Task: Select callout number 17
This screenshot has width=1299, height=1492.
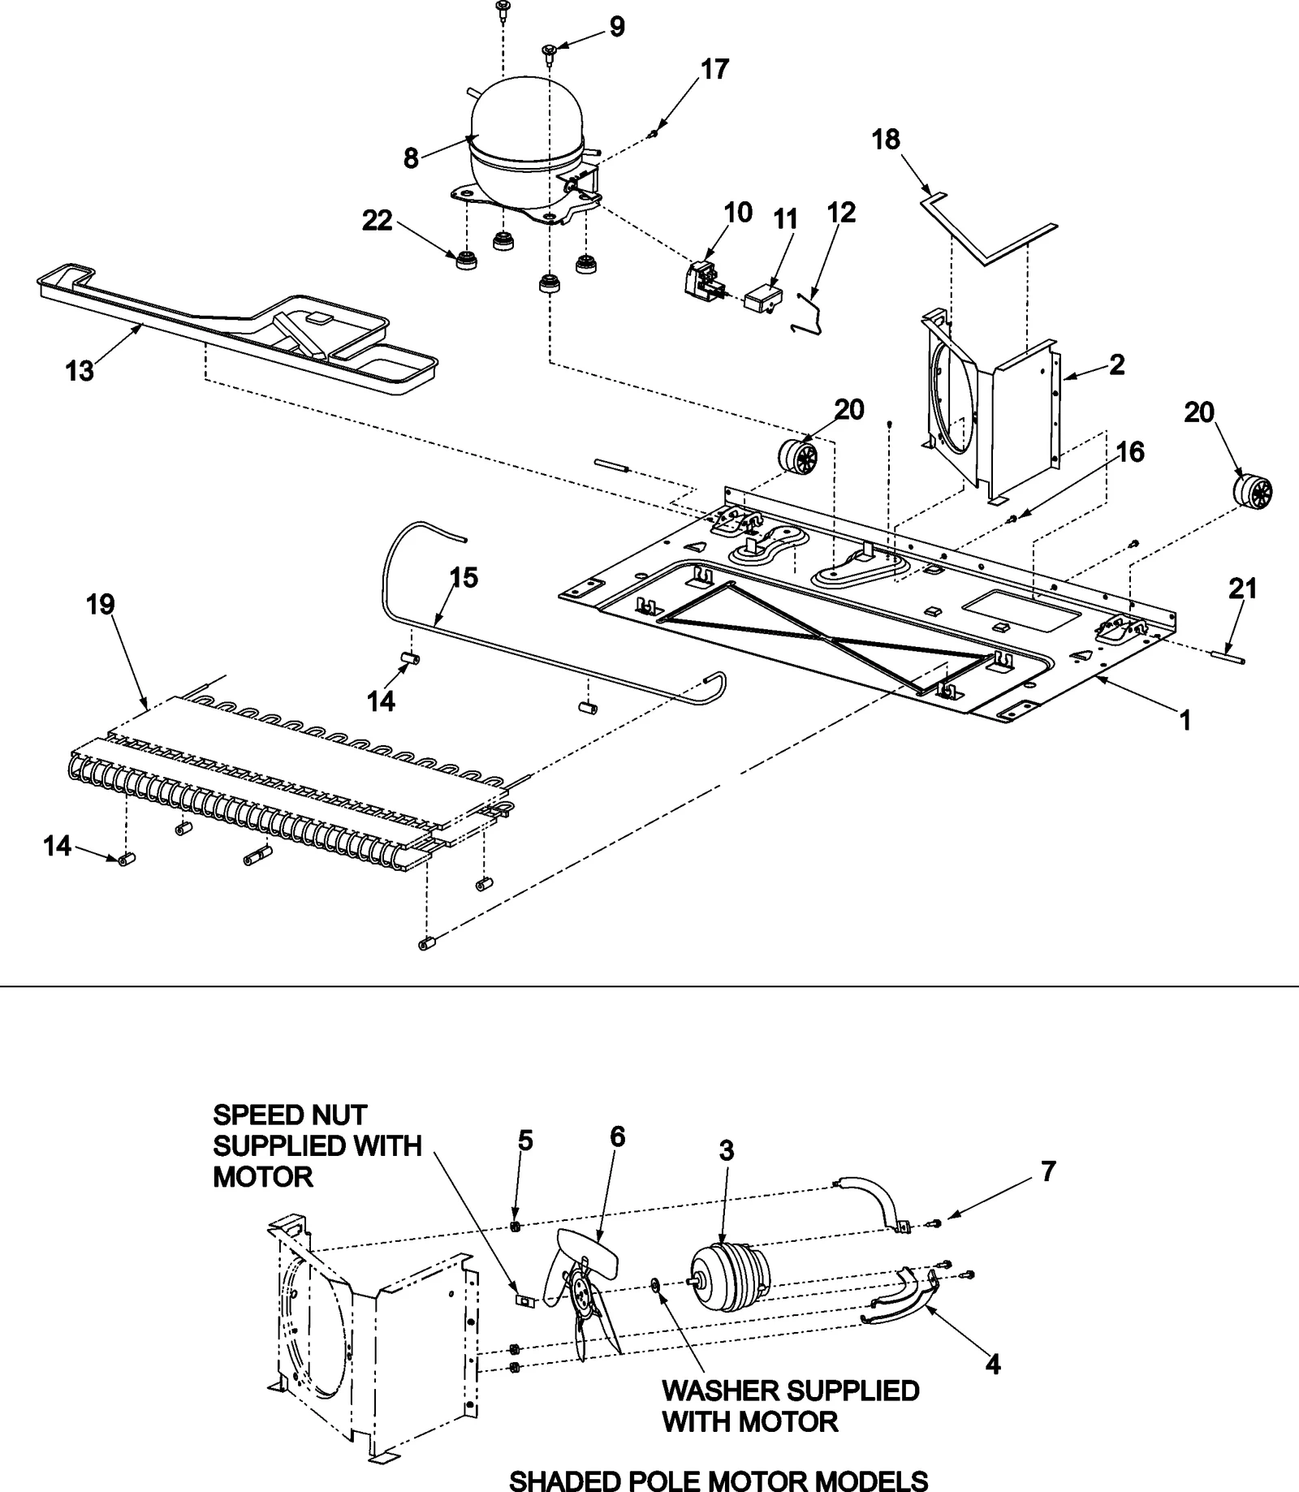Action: click(x=714, y=70)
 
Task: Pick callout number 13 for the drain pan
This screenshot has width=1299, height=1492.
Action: click(x=80, y=372)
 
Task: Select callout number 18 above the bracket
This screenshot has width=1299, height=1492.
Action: click(x=886, y=140)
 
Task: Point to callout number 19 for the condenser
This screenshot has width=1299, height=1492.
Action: click(x=101, y=605)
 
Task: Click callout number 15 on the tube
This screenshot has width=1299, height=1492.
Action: click(x=464, y=578)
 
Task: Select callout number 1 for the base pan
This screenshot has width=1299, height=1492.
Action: click(x=1185, y=719)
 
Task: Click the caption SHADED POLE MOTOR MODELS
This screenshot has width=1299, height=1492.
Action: click(x=718, y=1480)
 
